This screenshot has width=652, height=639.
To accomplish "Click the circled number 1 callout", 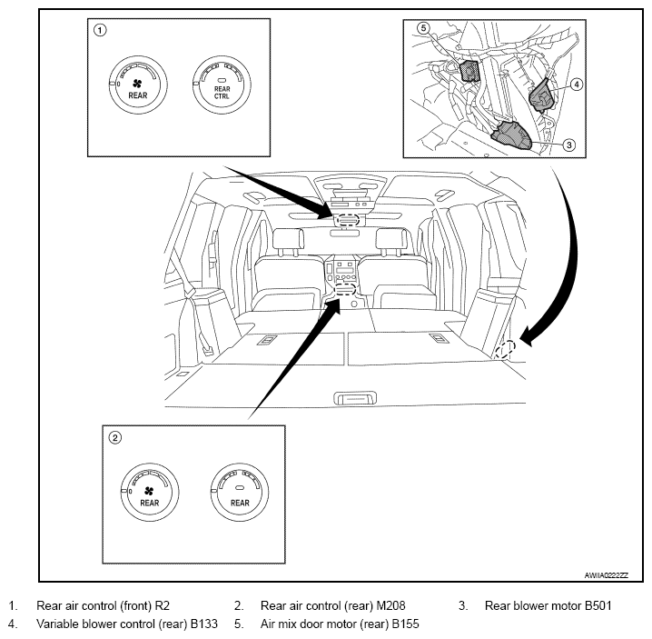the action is click(100, 30).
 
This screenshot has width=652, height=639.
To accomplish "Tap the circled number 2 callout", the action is click(114, 437).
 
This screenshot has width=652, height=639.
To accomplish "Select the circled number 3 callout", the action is click(568, 145).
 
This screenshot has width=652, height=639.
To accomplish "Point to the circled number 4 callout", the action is click(577, 85).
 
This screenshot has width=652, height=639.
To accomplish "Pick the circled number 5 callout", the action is click(423, 28).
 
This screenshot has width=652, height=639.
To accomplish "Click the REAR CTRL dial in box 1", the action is click(222, 85).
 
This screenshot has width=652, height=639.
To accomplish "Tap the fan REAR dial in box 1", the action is click(138, 85).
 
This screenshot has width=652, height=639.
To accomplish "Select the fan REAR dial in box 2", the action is click(150, 493).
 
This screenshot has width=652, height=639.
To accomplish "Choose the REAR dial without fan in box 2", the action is click(240, 493).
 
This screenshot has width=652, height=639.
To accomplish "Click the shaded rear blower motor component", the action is click(511, 135).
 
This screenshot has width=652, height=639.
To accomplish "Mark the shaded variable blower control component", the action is click(541, 95).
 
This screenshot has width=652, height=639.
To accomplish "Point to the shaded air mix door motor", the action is click(470, 71).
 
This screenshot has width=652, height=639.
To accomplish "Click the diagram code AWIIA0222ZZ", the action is click(607, 575).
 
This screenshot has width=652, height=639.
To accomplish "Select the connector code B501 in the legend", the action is click(598, 605).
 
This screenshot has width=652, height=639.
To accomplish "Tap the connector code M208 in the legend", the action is click(390, 605).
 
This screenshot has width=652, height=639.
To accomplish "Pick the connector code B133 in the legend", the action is click(203, 624).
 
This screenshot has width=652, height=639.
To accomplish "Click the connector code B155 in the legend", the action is click(405, 624).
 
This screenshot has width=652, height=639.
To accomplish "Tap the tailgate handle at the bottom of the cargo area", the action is click(356, 398).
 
